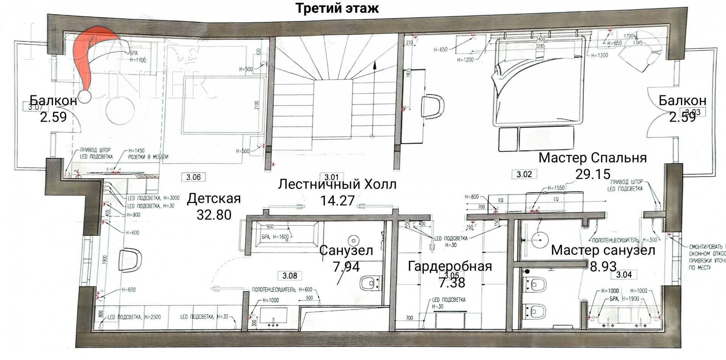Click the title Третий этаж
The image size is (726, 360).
337,8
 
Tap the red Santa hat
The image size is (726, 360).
95,57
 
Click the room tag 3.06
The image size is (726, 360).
193,177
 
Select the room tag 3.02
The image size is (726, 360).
524,174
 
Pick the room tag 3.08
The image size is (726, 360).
290,276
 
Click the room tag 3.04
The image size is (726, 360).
624,275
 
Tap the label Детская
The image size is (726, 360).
214,199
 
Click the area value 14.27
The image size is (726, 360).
337,200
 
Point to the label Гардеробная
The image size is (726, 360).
450,266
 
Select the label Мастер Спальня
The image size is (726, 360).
593,157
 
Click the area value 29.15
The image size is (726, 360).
593,174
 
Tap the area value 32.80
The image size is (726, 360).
214,215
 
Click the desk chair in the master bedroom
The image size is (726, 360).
433,107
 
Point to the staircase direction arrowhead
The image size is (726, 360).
374,65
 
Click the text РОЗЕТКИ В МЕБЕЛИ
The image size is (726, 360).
148,157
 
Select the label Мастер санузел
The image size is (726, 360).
603,250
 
